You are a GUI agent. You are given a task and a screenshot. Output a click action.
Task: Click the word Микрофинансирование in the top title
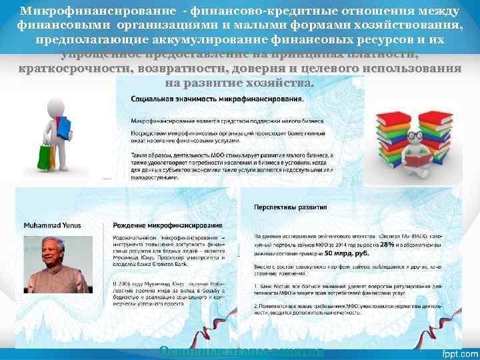coord(85,12)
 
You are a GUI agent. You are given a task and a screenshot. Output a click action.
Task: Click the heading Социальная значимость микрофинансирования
coord(217,98)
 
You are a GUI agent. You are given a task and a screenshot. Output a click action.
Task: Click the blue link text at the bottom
coord(242,351)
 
